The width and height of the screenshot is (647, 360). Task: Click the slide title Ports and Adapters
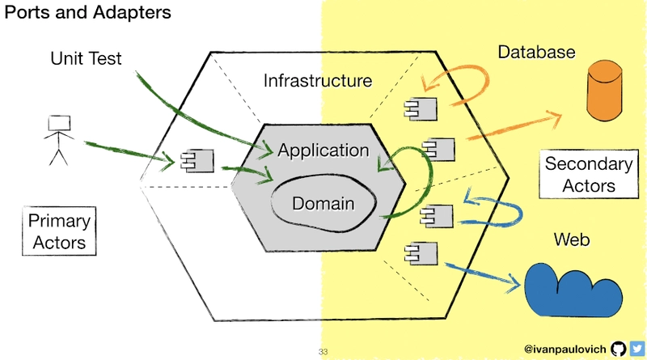pos(87,12)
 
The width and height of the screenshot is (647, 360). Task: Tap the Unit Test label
pos(86,58)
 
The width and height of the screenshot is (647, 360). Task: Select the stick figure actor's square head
pos(59,124)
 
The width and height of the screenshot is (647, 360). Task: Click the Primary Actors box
pos(59,231)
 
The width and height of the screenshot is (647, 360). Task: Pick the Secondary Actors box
pos(589,174)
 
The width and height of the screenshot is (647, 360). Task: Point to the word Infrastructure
pos(318,81)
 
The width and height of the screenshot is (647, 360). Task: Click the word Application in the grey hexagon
pos(323,150)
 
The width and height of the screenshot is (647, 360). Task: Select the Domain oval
pos(323,203)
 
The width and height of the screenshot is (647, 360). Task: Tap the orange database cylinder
pos(604,91)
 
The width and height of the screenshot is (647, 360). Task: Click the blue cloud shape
pos(573,290)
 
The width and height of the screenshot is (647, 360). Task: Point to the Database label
pos(536,52)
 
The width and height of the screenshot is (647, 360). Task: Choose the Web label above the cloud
pos(572,239)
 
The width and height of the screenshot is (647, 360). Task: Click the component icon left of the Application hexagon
pos(197,161)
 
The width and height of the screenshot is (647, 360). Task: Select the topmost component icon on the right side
pos(421,109)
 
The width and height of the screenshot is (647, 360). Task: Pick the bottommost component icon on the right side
pos(421,253)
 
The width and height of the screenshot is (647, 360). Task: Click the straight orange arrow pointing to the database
pos(514,125)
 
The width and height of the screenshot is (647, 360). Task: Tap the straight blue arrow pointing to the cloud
pos(483,275)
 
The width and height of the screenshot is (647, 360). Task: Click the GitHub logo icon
pos(618,349)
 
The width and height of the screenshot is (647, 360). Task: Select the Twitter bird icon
pos(637,349)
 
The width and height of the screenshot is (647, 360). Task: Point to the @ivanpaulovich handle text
pos(565,349)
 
